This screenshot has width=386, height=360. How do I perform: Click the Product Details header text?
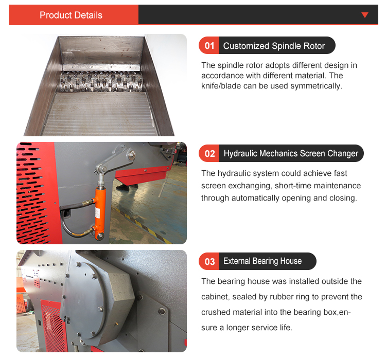[71, 15]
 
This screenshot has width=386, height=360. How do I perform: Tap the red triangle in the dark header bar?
[365, 15]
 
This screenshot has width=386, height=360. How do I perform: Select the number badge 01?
[209, 46]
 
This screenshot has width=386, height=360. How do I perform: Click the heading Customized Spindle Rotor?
[274, 46]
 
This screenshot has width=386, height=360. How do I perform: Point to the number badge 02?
[209, 154]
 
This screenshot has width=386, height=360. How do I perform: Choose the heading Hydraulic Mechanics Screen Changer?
[291, 154]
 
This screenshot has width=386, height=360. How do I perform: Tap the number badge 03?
[209, 262]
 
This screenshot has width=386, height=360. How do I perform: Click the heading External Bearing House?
[262, 261]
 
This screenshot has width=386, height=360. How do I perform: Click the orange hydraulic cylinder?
[100, 213]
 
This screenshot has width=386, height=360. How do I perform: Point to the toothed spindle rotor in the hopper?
[101, 82]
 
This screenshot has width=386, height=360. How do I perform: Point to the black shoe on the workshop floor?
[123, 188]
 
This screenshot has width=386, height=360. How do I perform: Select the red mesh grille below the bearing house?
[54, 326]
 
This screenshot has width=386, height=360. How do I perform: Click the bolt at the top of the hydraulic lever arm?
[132, 155]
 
